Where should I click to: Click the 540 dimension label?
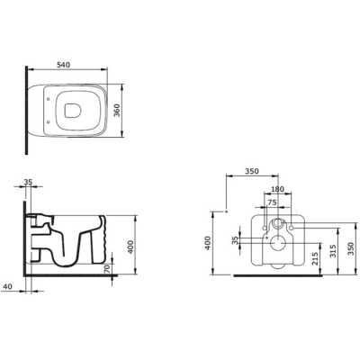[x=63, y=65]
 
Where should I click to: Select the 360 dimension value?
[x=117, y=111]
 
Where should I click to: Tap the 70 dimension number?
[x=107, y=268]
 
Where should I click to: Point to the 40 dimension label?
[x=7, y=286]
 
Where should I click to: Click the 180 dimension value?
[x=277, y=189]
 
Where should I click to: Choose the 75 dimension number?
[x=272, y=202]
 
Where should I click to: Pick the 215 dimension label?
[x=315, y=258]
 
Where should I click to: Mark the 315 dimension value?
[x=333, y=251]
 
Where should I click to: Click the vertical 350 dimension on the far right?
[x=350, y=248]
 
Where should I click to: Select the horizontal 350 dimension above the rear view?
[x=252, y=171]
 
